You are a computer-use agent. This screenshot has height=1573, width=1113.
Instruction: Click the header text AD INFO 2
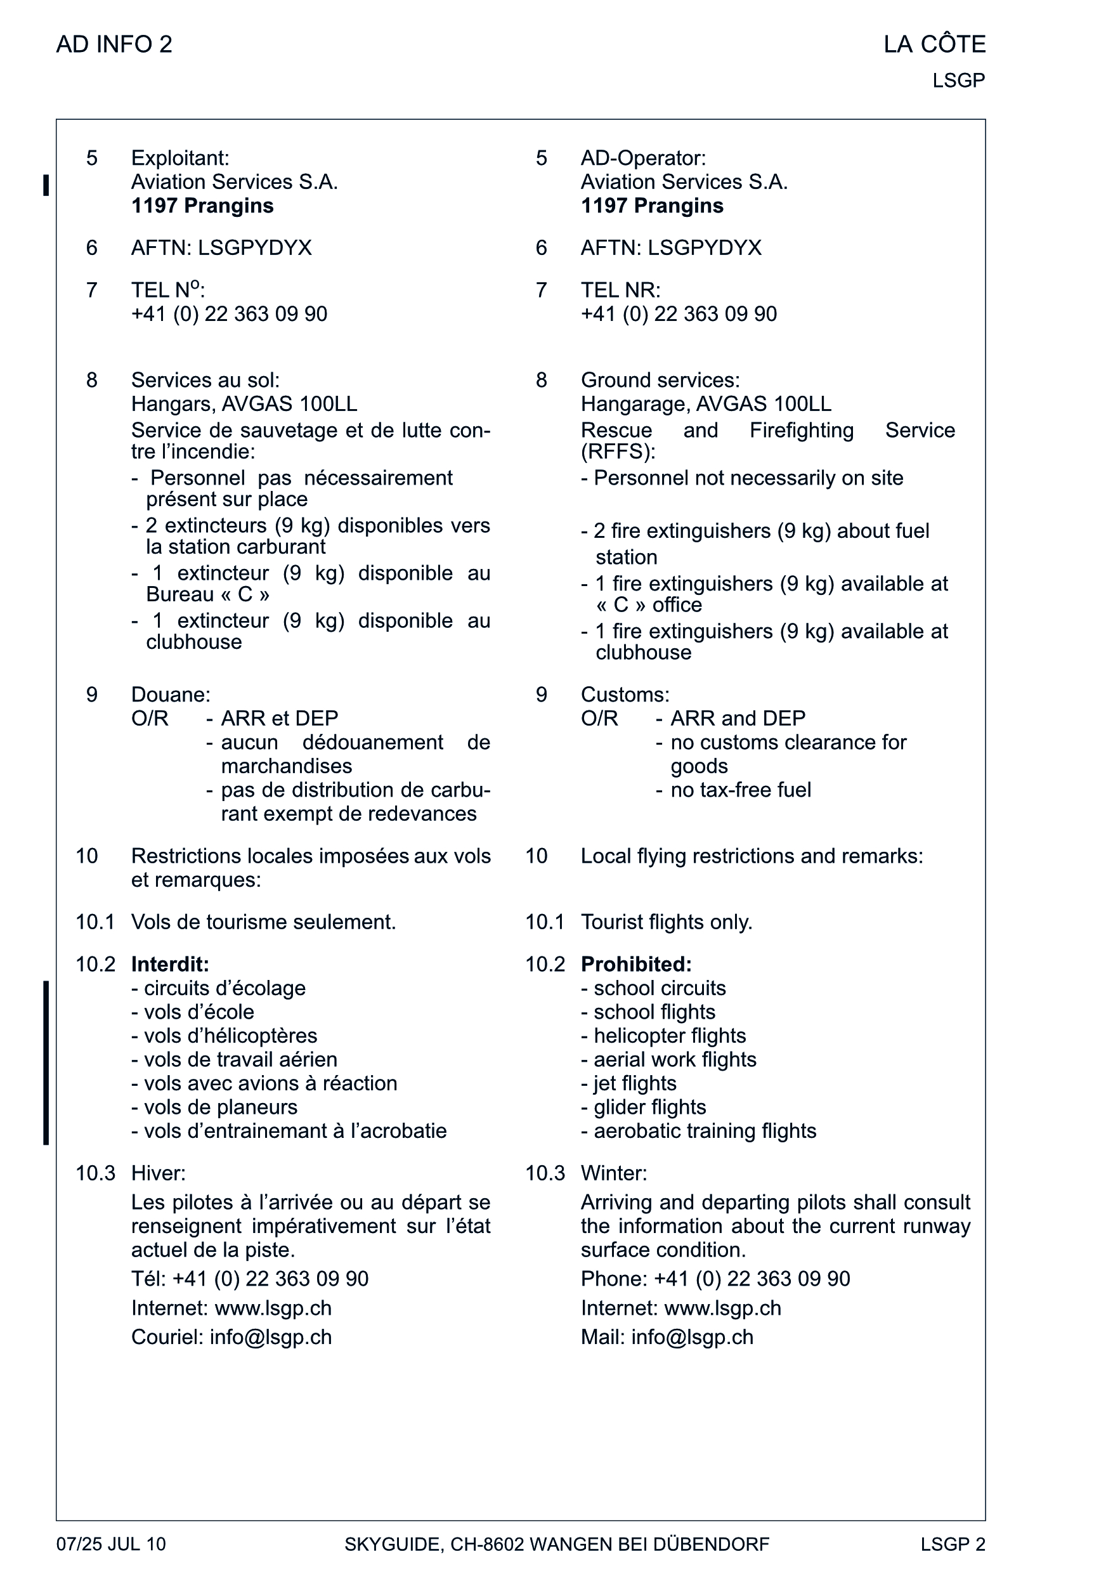(x=114, y=44)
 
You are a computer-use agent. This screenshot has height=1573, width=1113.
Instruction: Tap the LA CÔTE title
(x=934, y=44)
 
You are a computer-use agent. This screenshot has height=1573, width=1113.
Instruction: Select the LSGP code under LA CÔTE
(x=958, y=81)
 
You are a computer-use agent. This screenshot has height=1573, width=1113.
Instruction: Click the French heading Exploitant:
(x=180, y=159)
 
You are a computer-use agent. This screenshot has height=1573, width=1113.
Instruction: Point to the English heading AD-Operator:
(x=643, y=159)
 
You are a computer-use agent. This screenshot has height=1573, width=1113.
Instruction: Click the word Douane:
(x=171, y=695)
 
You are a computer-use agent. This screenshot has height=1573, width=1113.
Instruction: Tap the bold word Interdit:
(x=170, y=964)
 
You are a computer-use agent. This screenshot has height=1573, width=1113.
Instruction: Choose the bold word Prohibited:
(x=636, y=964)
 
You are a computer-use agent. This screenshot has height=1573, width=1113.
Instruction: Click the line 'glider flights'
(x=649, y=1107)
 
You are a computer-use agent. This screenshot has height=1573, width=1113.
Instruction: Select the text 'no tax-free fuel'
(x=740, y=790)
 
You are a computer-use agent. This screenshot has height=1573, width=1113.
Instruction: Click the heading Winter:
(x=613, y=1173)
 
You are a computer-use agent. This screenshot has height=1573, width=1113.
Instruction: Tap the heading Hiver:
(x=159, y=1173)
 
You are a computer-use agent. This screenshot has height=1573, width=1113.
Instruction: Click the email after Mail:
(x=692, y=1337)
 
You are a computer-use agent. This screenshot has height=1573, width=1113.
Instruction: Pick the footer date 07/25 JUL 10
(x=111, y=1544)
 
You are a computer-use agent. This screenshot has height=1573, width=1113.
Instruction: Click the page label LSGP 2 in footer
(x=953, y=1544)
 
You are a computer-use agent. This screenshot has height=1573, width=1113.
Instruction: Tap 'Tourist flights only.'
(x=666, y=923)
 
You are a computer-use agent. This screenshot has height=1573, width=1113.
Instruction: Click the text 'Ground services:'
(x=660, y=381)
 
